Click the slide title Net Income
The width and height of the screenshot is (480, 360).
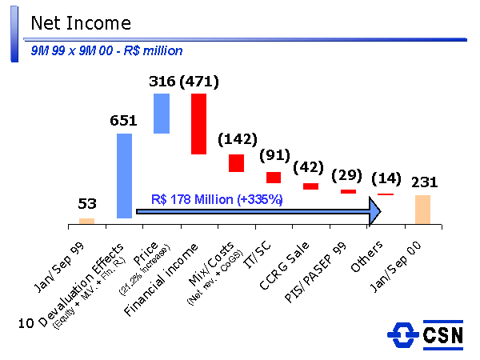coord(80,24)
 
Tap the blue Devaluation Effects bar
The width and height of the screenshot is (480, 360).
coord(124,175)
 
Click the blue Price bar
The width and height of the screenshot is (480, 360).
coord(162,114)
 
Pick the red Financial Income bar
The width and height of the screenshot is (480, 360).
coord(198,123)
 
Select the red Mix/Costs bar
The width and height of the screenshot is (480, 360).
coord(236,162)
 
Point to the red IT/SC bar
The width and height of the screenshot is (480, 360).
coord(274,177)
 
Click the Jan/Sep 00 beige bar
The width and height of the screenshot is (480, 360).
coord(422,209)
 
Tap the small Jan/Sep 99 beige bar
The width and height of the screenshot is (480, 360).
coord(86,221)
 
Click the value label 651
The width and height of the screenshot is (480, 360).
coord(124,121)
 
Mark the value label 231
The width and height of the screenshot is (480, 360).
coord(424,182)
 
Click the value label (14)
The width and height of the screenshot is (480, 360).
coord(386,178)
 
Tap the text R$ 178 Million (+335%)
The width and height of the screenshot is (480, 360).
coord(217,199)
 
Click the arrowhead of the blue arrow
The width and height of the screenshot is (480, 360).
coord(374,211)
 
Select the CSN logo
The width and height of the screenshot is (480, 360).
coord(425,334)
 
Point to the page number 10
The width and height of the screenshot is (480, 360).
coord(25,324)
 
